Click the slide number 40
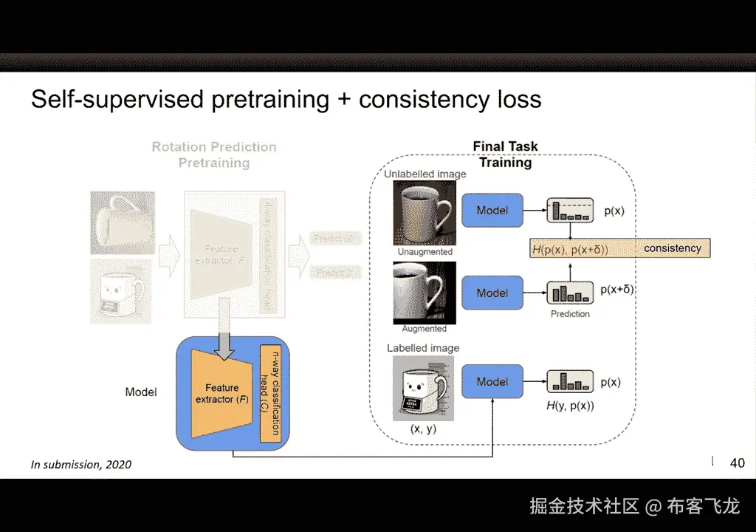point(737,463)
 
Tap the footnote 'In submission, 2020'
point(81,465)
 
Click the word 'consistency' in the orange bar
point(672,248)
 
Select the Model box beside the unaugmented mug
point(492,211)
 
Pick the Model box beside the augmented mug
point(492,293)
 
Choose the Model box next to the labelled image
point(492,382)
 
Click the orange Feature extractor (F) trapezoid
point(221,393)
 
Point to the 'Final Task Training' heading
point(506,154)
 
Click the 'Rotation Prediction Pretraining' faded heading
point(214,154)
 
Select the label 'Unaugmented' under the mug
point(425,252)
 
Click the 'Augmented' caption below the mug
point(424,329)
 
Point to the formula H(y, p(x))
point(570,406)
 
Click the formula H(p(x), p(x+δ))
point(570,250)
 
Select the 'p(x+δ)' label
point(617,290)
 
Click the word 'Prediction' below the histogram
point(570,314)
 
